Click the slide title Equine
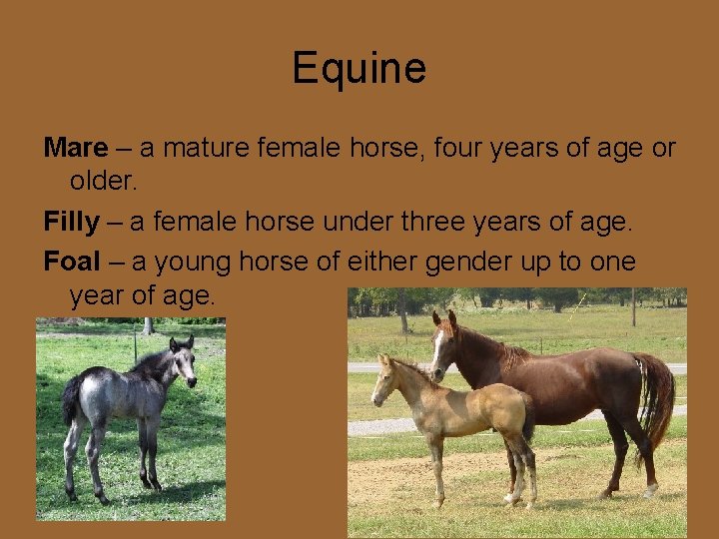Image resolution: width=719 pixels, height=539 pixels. (x=359, y=69)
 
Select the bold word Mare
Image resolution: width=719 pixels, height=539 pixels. (x=75, y=149)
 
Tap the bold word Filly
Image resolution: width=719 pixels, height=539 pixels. (x=71, y=223)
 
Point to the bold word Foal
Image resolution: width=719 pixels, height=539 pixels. (x=72, y=262)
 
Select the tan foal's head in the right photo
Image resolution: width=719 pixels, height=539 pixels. (x=384, y=379)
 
